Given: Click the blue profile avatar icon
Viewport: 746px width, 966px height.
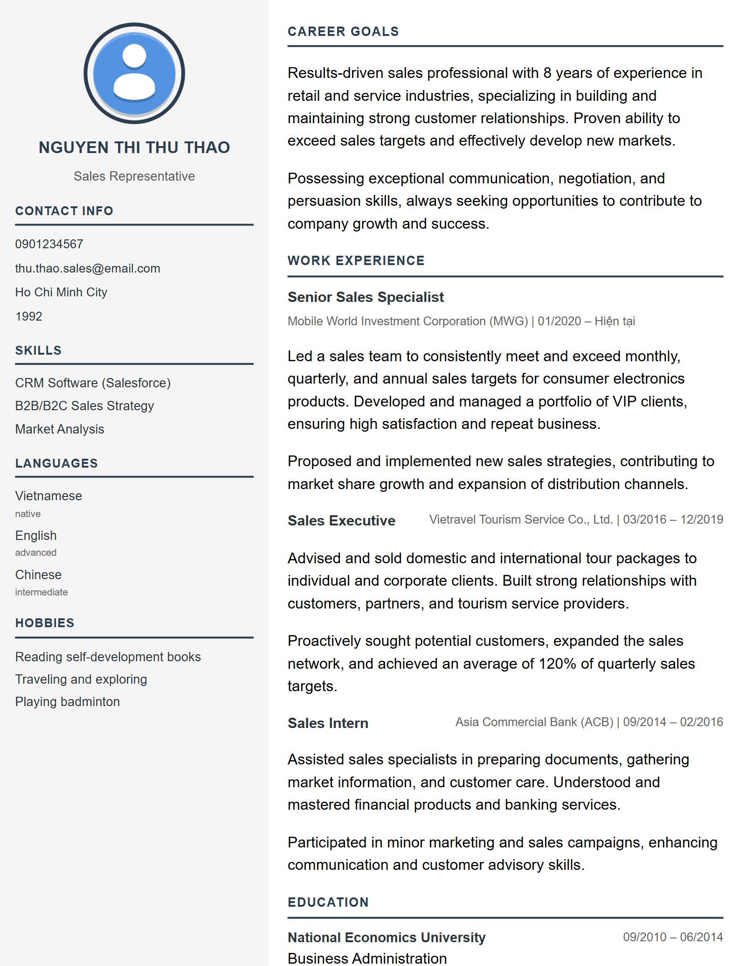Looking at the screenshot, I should pos(134,73).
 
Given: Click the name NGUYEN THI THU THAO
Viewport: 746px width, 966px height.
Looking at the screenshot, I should pos(134,147).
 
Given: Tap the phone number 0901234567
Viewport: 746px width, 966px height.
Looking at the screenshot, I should pos(49,244).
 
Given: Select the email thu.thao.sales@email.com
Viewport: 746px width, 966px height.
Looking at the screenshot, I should pos(88,268).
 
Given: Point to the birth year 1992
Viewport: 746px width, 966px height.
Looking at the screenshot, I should pos(28,316).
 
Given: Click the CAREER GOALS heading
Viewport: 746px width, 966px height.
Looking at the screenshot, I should pos(343,32).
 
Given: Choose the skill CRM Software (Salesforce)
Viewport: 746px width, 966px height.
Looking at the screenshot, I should pos(93,383).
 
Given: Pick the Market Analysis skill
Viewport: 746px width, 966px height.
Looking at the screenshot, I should pos(60,429).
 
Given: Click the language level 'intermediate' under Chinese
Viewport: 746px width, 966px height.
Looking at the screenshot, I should pos(41,592).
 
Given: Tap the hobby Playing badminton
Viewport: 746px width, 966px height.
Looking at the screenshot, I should pos(68,702).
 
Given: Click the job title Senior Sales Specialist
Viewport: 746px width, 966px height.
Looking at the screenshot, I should pos(366,297).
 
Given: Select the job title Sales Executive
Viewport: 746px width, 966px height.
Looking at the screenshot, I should pos(341,521).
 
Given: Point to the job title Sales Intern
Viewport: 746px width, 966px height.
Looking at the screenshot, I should pos(328,723).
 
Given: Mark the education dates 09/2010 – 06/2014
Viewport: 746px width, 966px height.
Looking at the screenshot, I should pos(673,937).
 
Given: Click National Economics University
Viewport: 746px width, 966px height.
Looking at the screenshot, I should pos(387,938).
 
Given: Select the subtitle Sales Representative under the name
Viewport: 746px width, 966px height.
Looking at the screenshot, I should pos(134,176).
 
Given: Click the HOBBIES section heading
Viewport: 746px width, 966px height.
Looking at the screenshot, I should pos(45,623).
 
